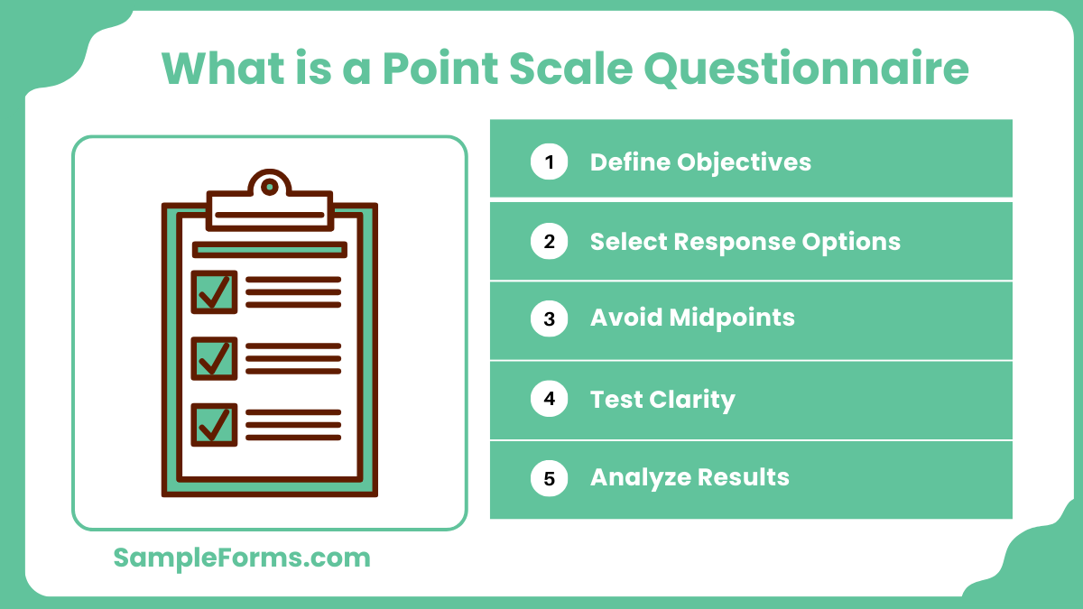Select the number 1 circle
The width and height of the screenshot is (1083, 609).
[x=549, y=162]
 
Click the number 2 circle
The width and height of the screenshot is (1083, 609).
[x=549, y=242]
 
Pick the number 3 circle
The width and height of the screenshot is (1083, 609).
[x=549, y=318]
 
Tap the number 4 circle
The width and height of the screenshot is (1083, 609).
[x=549, y=399]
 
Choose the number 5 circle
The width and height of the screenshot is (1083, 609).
[x=549, y=477]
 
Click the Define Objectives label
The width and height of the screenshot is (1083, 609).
[x=700, y=162]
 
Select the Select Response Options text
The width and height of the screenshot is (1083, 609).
[x=745, y=242]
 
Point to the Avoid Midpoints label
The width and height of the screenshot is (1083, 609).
[x=692, y=318]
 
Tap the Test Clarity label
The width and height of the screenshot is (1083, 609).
[x=662, y=399]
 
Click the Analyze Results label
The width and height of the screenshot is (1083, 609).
[x=690, y=477]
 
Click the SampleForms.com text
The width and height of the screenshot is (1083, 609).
[x=242, y=558]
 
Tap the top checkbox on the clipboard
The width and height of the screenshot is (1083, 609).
[x=214, y=292]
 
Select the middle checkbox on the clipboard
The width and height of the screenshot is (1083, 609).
[x=214, y=358]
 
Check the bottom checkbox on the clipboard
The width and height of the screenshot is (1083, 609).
[x=214, y=424]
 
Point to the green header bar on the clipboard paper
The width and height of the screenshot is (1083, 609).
[x=269, y=250]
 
